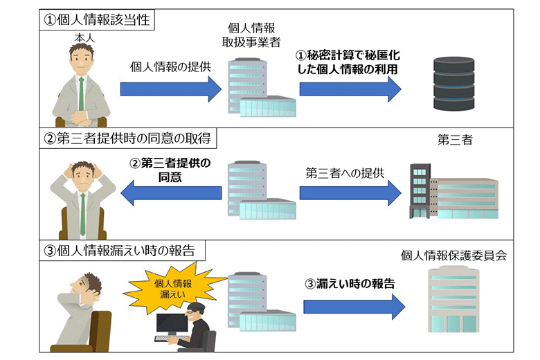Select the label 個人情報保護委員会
(453, 255)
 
